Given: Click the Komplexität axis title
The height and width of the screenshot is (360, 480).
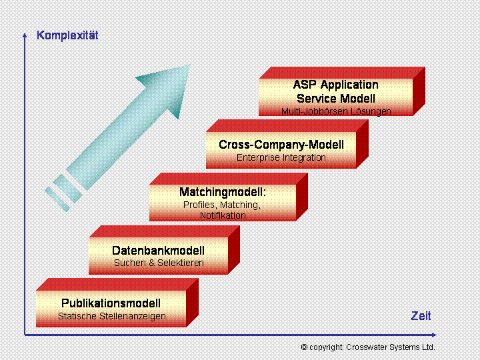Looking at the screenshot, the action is coord(67,35).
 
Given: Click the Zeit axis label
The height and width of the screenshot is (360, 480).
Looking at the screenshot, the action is coord(421,316).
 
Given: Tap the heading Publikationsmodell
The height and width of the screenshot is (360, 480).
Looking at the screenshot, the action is coord(111,303).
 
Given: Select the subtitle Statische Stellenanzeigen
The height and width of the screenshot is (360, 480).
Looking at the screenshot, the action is coord(112,316).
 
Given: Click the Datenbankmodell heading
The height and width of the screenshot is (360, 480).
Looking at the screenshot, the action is coord(158,251).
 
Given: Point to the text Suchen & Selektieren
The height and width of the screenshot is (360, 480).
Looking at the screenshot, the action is coord(159,263).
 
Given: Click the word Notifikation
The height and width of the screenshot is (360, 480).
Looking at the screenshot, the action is coord(223,215).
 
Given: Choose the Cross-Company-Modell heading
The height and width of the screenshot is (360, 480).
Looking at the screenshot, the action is coord(281,145).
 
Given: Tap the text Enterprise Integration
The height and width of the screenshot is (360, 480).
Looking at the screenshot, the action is coord(281,157).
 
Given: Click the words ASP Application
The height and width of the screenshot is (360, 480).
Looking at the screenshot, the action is coord(336,85).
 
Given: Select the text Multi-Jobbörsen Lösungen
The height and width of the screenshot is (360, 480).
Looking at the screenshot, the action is coord(336,111).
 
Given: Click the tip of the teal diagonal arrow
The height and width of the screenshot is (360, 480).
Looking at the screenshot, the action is coord(190,65).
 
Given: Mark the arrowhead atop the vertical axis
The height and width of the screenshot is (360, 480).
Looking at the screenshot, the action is coord(25,35).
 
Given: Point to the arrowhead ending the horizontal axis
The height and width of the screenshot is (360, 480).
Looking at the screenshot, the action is coord(434,335).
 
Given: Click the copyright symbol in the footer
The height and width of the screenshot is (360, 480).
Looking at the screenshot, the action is coord(304,347).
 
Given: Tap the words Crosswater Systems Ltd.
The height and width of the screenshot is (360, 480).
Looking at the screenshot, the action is coord(390,347).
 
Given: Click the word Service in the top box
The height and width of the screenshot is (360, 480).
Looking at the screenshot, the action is coord(317,99).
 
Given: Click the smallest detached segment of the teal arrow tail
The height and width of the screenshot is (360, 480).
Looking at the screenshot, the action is coord(57,199).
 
